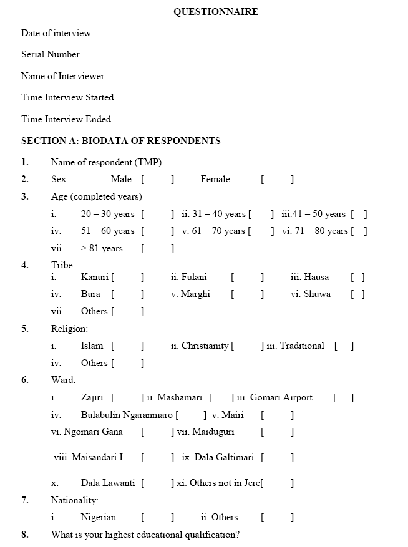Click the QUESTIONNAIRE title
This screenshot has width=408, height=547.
(215, 12)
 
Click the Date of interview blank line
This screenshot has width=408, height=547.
(227, 34)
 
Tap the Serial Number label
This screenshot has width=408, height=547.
(51, 54)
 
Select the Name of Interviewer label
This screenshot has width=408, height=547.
(62, 76)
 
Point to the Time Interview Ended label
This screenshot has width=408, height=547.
(66, 119)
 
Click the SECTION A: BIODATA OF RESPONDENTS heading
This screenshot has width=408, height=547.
(121, 140)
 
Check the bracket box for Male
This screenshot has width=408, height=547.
(158, 180)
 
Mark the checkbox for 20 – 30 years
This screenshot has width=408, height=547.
(158, 214)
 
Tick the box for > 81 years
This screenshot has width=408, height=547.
(158, 248)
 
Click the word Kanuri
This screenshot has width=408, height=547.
(95, 277)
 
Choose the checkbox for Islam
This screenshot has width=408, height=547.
(128, 346)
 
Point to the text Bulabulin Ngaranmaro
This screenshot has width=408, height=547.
(127, 415)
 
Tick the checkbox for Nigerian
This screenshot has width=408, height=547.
(158, 517)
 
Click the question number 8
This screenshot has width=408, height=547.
(25, 535)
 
